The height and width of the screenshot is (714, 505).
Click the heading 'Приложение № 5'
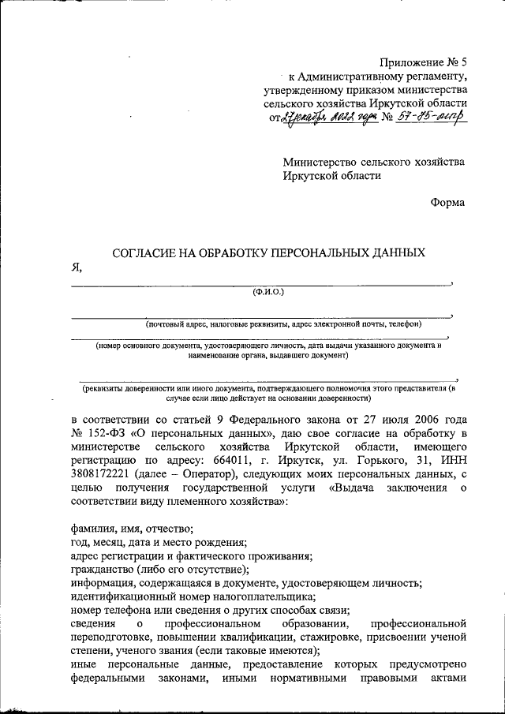(423, 62)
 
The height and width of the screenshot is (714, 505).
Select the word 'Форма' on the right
(448, 203)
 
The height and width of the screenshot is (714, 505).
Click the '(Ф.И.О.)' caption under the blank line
(267, 292)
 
